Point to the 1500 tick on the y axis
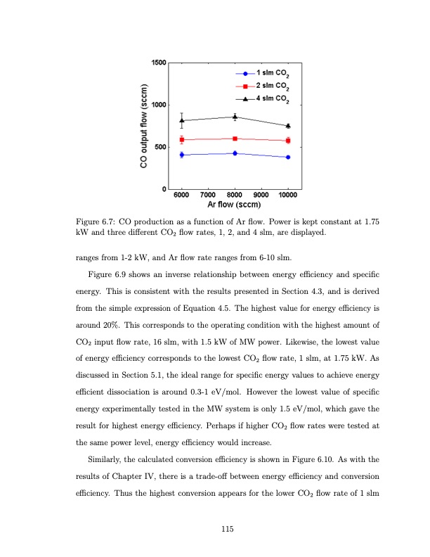pyautogui.click(x=158, y=63)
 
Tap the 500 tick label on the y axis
pyautogui.click(x=160, y=147)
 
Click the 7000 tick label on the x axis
pyautogui.click(x=208, y=195)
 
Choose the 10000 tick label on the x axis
pyautogui.click(x=287, y=195)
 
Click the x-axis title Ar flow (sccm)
pyautogui.click(x=235, y=205)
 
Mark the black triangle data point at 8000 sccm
pyautogui.click(x=235, y=117)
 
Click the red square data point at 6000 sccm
pyautogui.click(x=182, y=140)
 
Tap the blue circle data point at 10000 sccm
pyautogui.click(x=288, y=157)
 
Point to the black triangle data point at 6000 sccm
pyautogui.click(x=182, y=120)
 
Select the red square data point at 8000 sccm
pyautogui.click(x=235, y=139)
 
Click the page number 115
pyautogui.click(x=227, y=528)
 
